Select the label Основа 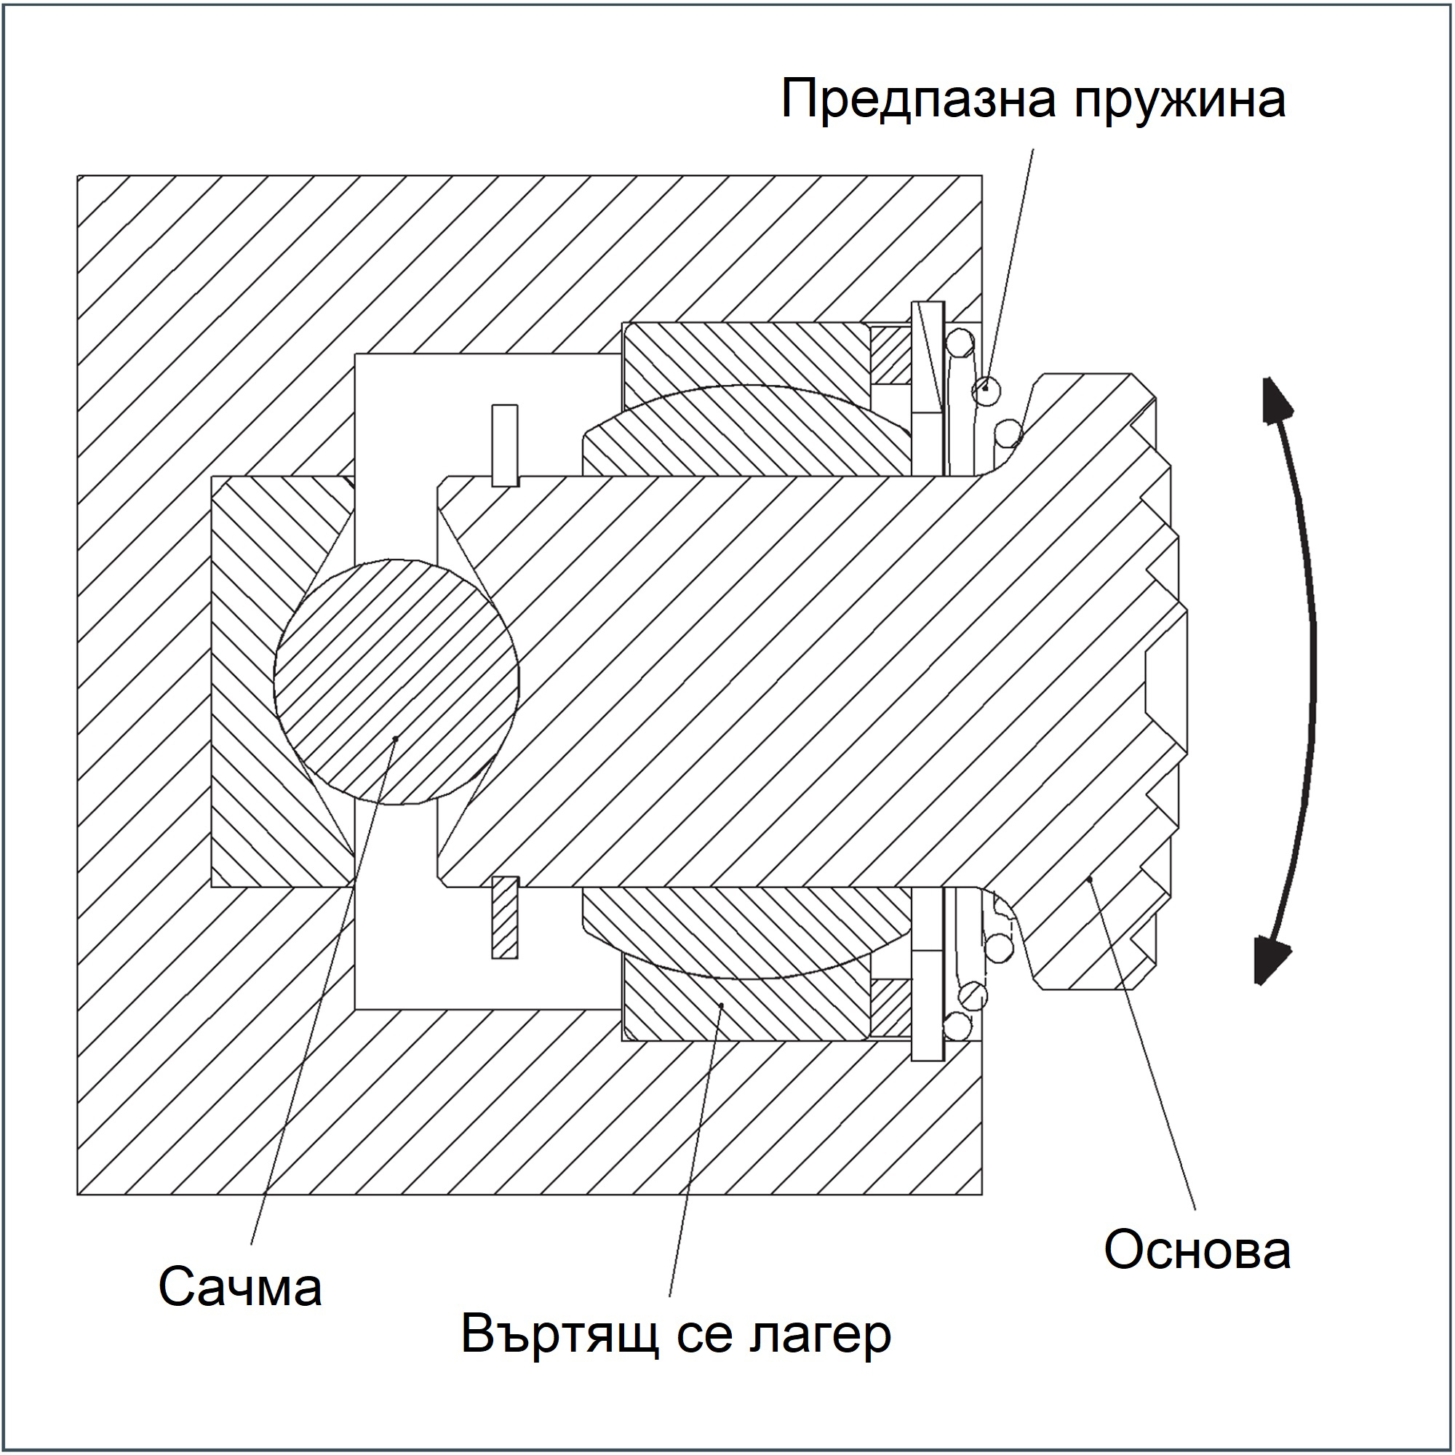coord(1197,1249)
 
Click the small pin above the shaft coord(505,445)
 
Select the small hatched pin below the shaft coord(505,917)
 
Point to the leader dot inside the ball coord(395,738)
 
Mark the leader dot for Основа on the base coord(1090,878)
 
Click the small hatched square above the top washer coord(890,355)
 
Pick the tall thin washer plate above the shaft coord(927,388)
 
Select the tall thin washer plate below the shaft coord(927,974)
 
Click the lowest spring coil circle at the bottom coord(958,1027)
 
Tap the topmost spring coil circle coord(960,341)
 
